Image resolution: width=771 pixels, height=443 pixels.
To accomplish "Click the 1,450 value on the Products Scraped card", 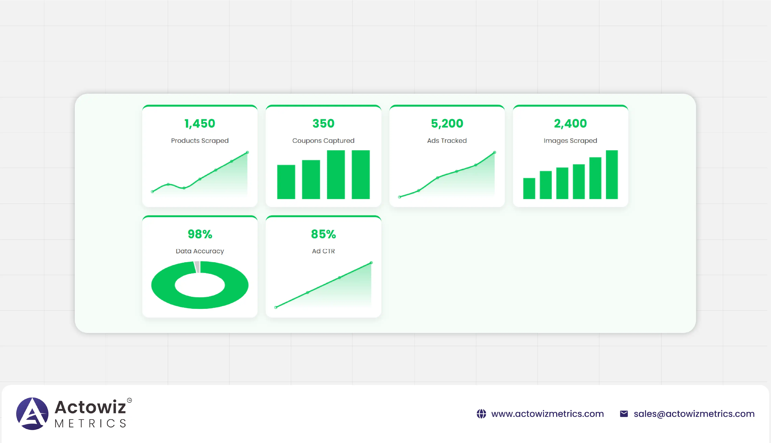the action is pyautogui.click(x=200, y=124).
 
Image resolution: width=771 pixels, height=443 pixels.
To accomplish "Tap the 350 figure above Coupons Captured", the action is pyautogui.click(x=323, y=124).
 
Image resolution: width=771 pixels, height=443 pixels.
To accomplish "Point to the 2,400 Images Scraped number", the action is pyautogui.click(x=570, y=124).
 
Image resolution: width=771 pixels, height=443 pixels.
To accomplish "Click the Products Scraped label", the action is pyautogui.click(x=200, y=141).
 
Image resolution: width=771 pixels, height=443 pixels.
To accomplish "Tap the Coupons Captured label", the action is pyautogui.click(x=323, y=141).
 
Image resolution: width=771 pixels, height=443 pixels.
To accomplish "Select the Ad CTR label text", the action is pyautogui.click(x=323, y=251).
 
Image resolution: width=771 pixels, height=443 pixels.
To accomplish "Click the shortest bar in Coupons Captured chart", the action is pyautogui.click(x=286, y=182).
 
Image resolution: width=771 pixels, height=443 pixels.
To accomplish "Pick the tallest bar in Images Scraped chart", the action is pyautogui.click(x=612, y=175).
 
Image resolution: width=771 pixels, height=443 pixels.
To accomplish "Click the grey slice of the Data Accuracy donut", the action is pyautogui.click(x=197, y=267).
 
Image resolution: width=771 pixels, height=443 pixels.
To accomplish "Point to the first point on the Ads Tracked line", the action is pyautogui.click(x=399, y=197).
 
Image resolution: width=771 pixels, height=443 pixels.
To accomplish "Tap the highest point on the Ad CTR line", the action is pyautogui.click(x=371, y=263).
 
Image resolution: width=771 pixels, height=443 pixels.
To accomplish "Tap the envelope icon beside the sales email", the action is pyautogui.click(x=624, y=414).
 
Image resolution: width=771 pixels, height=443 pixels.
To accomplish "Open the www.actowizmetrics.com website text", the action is pyautogui.click(x=547, y=414).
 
